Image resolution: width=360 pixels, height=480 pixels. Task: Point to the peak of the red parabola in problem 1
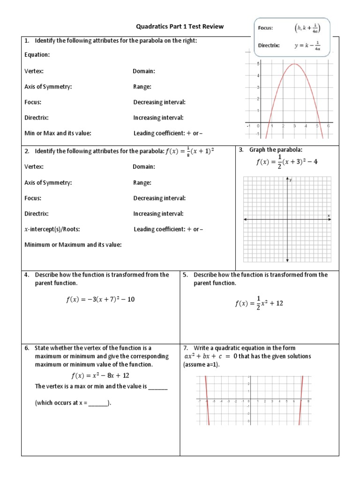click(294, 64)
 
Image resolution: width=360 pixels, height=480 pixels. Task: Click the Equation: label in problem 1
click(37, 55)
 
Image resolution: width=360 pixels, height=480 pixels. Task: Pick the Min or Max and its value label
click(58, 133)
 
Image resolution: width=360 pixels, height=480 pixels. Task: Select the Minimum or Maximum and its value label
click(73, 244)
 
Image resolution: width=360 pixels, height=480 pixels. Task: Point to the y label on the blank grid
click(291, 180)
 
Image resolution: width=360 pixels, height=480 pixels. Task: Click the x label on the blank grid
click(329, 216)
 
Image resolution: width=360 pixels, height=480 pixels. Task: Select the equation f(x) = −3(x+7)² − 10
click(100, 300)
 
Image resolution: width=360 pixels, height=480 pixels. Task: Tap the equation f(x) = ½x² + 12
click(259, 303)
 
